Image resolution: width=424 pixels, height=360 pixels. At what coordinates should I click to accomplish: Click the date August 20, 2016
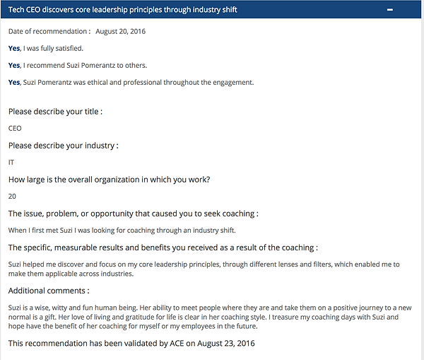121,32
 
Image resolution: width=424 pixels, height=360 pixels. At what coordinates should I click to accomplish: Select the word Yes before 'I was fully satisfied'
14,48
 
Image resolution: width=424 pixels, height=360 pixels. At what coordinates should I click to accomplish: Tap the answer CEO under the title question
15,128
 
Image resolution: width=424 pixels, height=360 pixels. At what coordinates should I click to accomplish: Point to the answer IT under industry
11,162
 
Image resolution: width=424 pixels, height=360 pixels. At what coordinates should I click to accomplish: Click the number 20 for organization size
12,196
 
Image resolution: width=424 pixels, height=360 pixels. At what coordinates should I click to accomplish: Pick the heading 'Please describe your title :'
56,112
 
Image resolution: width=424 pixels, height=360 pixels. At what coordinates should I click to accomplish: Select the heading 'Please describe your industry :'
63,146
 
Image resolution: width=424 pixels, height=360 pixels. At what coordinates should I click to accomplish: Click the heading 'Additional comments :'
49,291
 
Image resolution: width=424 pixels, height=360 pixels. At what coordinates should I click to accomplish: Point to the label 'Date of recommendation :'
49,32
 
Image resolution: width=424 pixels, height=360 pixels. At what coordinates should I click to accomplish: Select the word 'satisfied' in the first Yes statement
69,48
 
